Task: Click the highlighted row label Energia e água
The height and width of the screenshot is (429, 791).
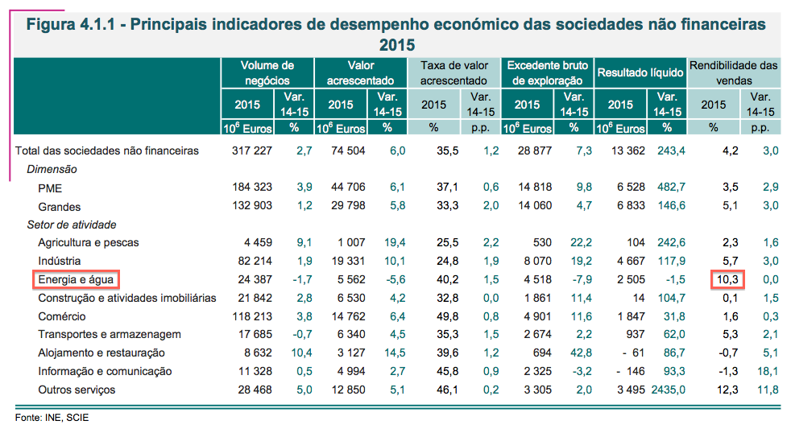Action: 77,279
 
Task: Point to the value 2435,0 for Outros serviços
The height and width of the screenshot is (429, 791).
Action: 668,390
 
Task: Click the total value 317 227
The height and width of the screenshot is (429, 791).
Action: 252,150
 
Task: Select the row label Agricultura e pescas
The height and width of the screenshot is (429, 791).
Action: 89,242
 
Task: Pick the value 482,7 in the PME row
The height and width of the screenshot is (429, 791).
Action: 670,187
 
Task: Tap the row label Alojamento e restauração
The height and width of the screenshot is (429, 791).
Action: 101,353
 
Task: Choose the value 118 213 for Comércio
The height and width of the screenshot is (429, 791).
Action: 252,316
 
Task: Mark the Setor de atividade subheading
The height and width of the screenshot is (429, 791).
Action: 71,224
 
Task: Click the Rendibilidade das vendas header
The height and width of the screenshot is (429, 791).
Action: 733,72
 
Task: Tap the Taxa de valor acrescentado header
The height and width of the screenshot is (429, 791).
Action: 453,72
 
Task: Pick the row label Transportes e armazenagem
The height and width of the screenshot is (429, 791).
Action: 109,335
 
